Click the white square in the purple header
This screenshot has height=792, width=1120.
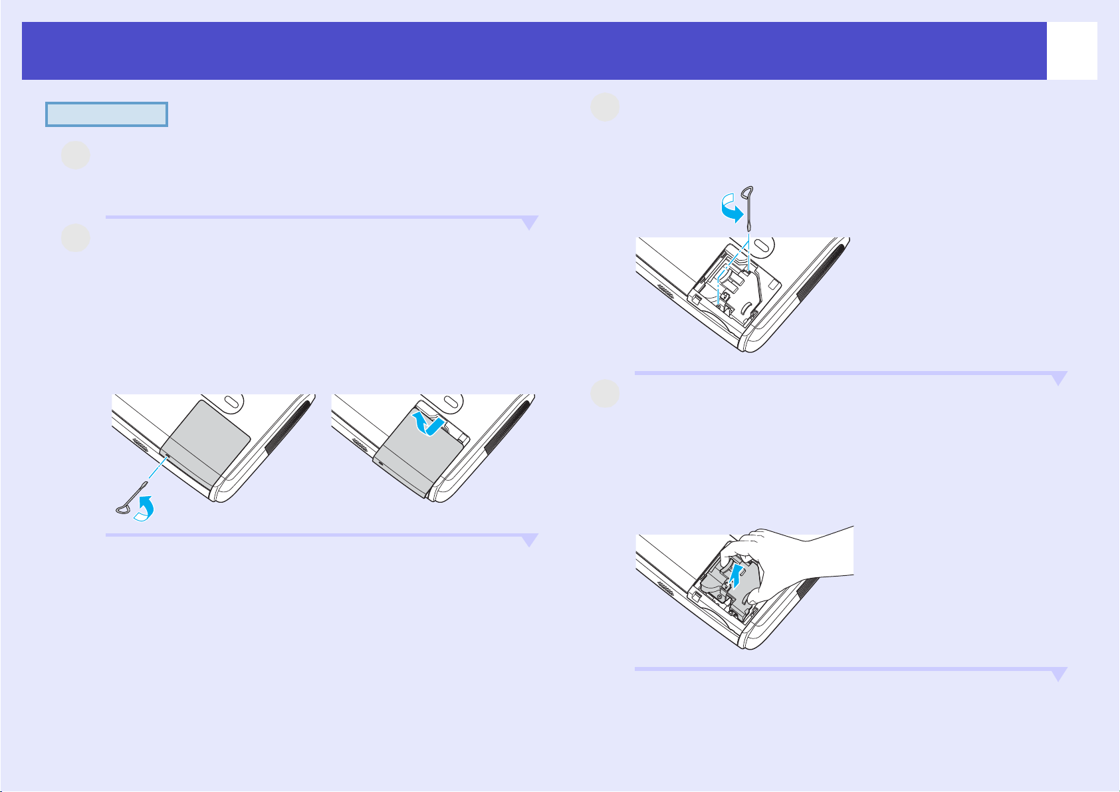tap(1071, 51)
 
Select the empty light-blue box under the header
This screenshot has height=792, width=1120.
tap(106, 114)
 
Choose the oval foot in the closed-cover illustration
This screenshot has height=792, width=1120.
tap(231, 402)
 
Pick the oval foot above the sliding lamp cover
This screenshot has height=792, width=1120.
tap(450, 402)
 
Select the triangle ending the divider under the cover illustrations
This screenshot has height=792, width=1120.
tap(529, 541)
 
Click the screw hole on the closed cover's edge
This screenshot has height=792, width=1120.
tap(166, 458)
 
